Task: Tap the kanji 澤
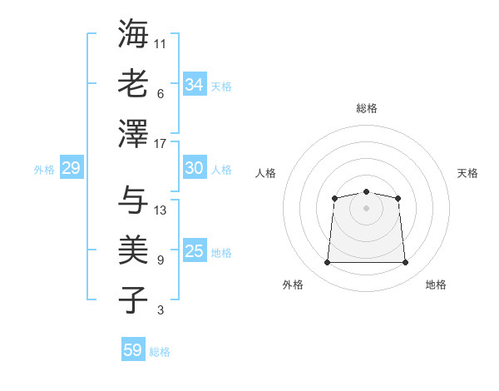pos(133,133)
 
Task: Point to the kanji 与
pos(133,200)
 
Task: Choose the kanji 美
pos(133,250)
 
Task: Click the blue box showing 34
pos(195,84)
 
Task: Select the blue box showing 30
pos(195,168)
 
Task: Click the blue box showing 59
pos(133,350)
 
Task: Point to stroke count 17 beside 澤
pos(161,143)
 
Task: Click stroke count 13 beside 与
pos(161,210)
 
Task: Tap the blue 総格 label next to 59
pos(160,352)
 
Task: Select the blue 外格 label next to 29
pos(44,170)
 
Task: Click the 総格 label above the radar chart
pos(366,108)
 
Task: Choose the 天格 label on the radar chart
pos(467,173)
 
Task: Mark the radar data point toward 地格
pos(406,263)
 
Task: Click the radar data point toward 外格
pos(327,263)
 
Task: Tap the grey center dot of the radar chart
pos(366,207)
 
